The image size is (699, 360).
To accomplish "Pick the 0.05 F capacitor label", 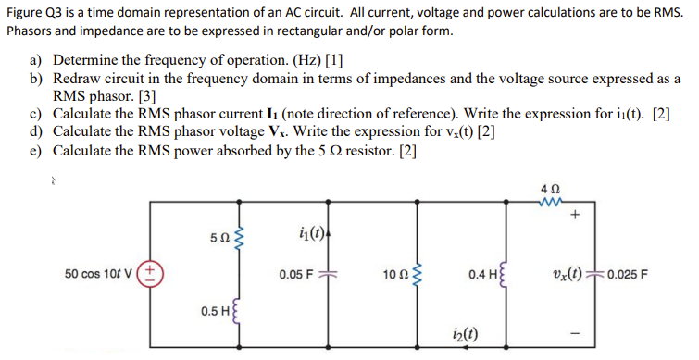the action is (297, 275).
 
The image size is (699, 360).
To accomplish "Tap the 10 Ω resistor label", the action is (393, 275).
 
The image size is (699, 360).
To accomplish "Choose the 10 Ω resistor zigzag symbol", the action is (422, 275).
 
